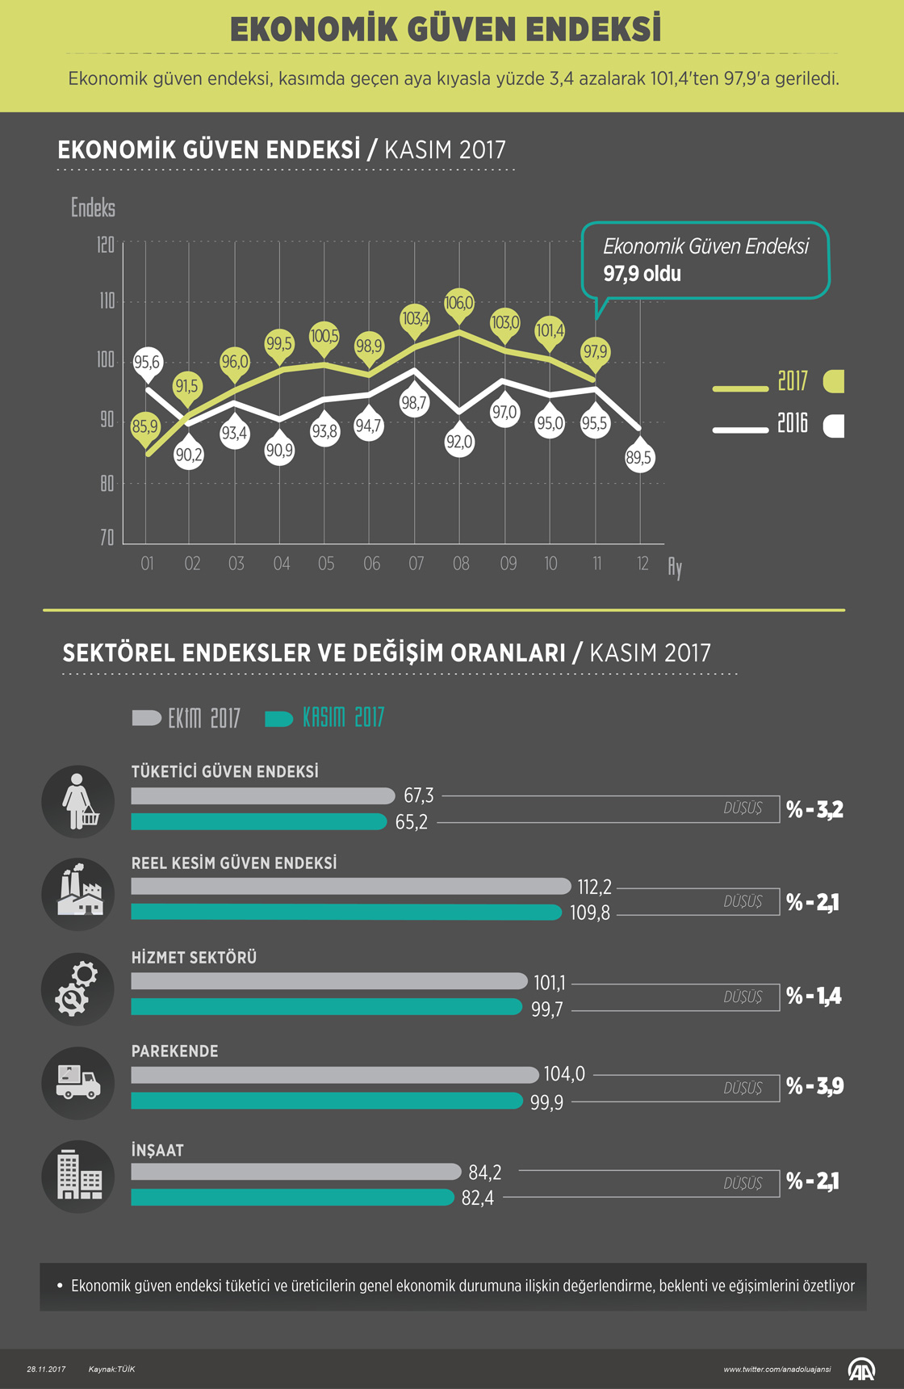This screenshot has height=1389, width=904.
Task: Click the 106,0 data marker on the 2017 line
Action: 459,304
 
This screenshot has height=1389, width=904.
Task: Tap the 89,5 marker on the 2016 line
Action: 638,458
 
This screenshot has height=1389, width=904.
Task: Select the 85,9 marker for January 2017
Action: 145,426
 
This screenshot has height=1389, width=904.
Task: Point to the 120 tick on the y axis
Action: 106,245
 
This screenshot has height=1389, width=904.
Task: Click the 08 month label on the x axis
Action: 461,564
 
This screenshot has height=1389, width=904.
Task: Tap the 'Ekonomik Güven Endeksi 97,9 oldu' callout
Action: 705,260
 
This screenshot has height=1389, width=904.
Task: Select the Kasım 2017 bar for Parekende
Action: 327,1101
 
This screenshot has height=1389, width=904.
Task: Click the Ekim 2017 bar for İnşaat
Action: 295,1171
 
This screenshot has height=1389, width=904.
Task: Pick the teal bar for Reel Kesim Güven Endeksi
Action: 346,913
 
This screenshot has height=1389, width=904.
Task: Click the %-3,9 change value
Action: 814,1086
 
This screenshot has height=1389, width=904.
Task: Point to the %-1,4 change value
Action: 814,996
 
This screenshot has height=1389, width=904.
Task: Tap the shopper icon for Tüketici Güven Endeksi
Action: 78,801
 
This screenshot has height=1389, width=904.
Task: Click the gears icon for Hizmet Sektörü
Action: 78,988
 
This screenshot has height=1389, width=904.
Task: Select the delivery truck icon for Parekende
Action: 78,1083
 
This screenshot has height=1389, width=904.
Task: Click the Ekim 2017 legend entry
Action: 186,718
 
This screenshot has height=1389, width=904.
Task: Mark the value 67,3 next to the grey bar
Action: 418,795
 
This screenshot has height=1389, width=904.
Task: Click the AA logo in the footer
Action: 862,1369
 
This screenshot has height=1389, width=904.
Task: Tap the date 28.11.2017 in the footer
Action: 46,1369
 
